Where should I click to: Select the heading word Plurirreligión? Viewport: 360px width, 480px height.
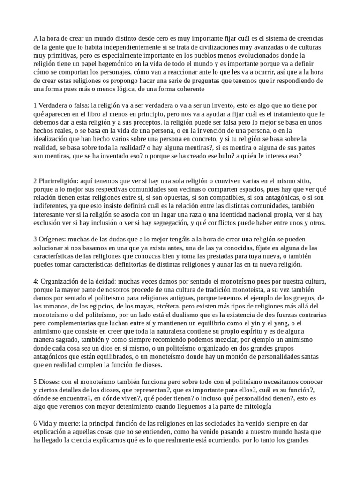(58, 180)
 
